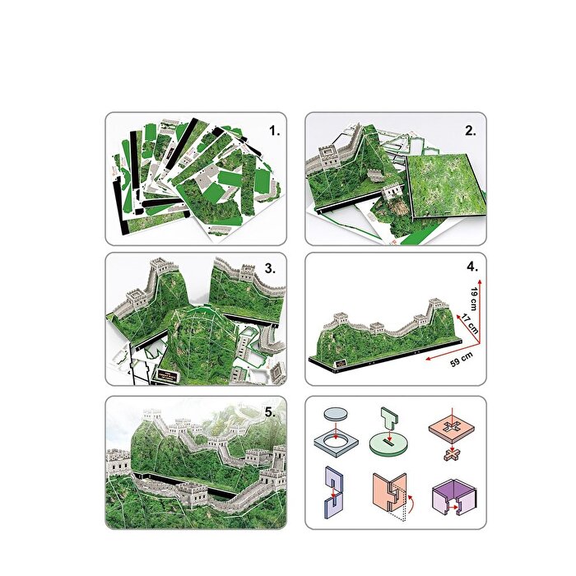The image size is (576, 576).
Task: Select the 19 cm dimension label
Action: (x=472, y=295)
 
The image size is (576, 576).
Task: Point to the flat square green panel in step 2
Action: (x=446, y=192)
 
